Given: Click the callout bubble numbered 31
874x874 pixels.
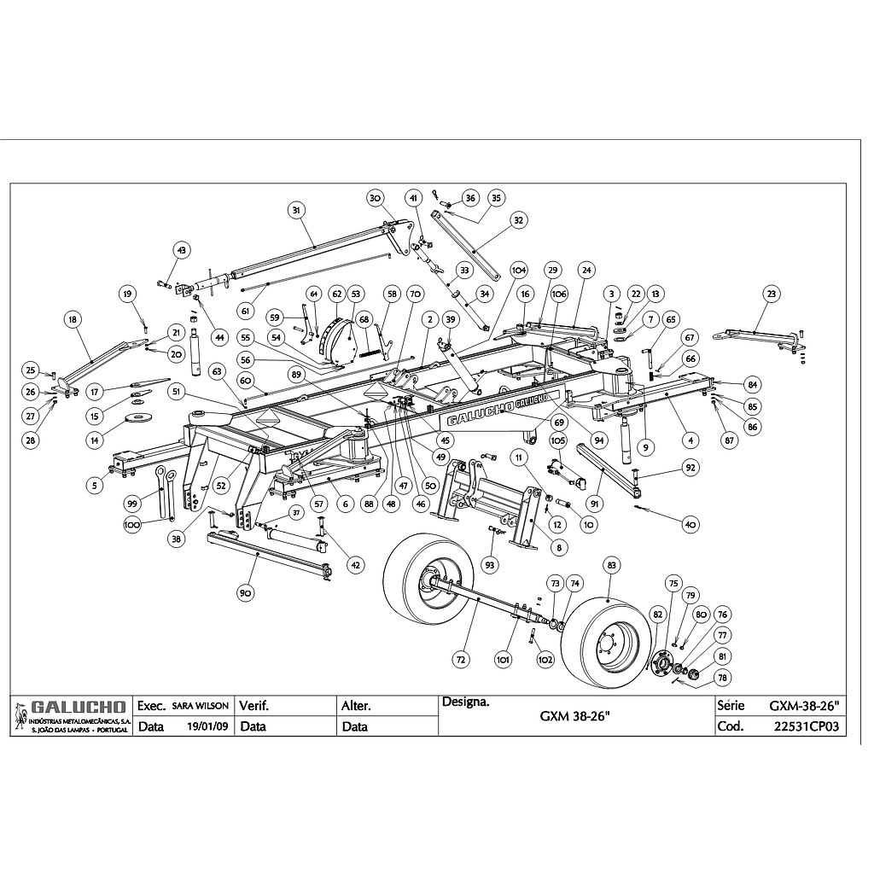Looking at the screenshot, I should coord(295,210).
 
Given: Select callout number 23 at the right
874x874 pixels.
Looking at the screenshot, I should coord(772,294).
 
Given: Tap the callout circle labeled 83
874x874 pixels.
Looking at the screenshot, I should coord(611,564).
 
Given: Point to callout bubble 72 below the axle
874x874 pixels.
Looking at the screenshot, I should coord(461,659).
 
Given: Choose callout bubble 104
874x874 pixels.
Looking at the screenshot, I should coord(518,268).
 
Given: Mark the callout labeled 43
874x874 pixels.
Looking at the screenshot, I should coord(181,250).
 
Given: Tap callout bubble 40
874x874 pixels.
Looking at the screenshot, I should coord(689,524).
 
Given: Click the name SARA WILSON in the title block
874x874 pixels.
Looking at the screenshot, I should coord(200,707).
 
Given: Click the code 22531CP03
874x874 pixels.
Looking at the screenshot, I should coord(806,727).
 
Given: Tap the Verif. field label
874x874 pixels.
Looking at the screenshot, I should coord(254,707).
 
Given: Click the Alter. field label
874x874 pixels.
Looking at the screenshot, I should coord(356,707).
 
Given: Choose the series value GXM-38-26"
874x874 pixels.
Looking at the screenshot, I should coord(805,707).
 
